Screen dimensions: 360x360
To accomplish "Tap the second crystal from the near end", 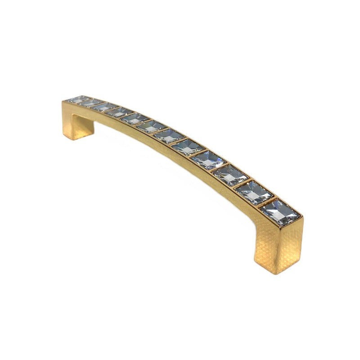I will (253, 192).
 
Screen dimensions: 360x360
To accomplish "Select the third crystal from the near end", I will (229, 175).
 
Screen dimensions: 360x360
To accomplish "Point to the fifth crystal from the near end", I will (187, 146).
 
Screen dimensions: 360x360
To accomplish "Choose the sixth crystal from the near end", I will (168, 135).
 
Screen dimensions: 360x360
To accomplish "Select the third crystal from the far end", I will (104, 107).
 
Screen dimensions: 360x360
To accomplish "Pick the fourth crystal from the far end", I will (120, 112).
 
